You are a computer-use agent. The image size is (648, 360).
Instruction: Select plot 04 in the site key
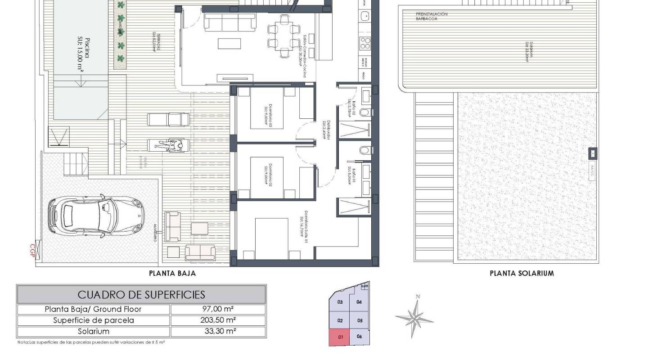359,302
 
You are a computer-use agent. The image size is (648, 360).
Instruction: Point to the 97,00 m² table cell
218,309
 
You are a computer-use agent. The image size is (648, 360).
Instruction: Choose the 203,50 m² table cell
218,320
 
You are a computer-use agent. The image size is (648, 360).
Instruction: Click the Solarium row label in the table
93,332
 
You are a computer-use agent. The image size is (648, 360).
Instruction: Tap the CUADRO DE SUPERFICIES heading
141,295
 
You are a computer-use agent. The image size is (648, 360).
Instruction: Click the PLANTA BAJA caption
172,273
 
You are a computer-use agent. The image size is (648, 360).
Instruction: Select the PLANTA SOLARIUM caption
522,273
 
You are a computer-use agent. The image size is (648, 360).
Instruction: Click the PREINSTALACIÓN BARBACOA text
432,17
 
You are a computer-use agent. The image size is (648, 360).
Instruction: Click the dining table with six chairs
283,36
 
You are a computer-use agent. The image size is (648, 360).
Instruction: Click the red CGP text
32,250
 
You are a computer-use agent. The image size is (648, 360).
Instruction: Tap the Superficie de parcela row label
93,320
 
